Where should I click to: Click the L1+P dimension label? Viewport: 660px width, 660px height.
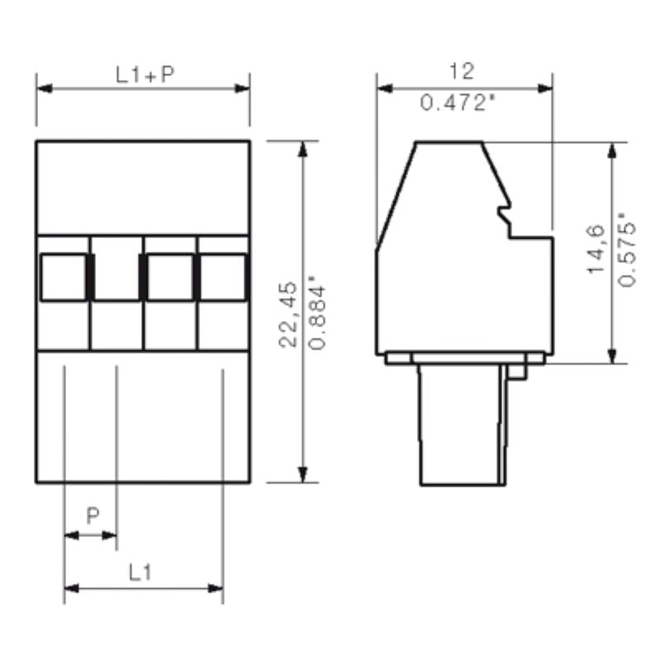144,75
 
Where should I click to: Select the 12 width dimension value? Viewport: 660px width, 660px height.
462,72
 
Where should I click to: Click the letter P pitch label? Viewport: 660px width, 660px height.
93,516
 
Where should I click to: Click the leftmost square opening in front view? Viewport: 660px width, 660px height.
64,276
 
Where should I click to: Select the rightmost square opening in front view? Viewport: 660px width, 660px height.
222,276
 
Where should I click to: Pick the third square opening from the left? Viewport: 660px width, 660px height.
170,276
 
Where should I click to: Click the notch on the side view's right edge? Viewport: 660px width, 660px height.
504,217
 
